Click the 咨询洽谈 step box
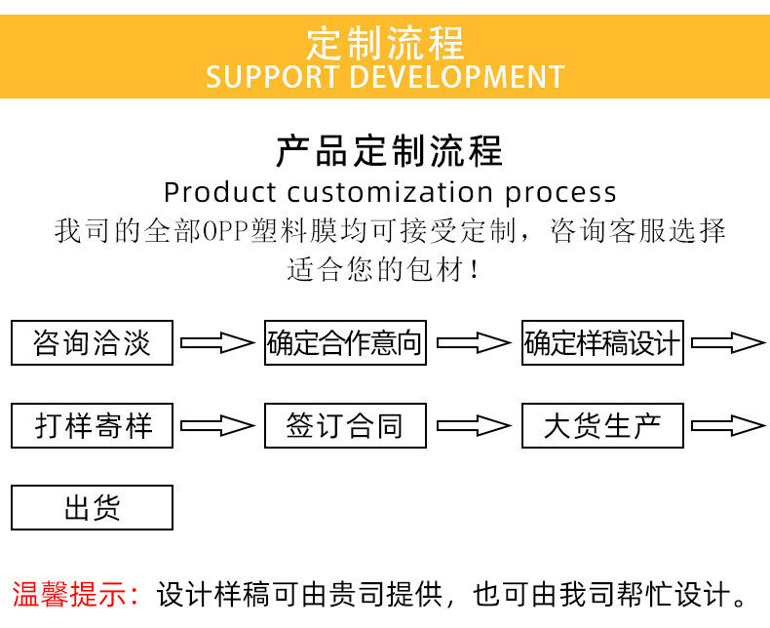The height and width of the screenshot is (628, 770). [x=92, y=342]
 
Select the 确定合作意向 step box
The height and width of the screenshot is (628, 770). [x=345, y=342]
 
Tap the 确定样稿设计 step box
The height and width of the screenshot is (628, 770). [x=602, y=342]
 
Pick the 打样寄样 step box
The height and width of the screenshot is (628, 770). [x=92, y=425]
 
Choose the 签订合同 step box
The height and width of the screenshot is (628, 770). [x=345, y=425]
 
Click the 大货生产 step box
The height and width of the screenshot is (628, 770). [x=602, y=425]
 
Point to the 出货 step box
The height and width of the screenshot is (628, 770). [x=92, y=508]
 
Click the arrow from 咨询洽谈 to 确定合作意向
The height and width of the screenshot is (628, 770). [x=217, y=342]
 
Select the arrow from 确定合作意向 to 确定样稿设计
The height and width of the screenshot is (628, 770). [x=474, y=342]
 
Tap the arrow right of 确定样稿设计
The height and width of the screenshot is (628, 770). [x=728, y=342]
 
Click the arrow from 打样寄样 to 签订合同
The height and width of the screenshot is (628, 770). [x=217, y=425]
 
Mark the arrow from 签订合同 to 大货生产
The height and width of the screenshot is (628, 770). [x=474, y=425]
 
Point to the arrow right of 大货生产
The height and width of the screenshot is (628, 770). [x=728, y=425]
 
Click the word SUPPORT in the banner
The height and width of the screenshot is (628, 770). [x=273, y=77]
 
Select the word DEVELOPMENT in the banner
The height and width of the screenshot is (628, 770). [x=457, y=77]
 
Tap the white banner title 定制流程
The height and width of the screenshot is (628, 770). [x=386, y=43]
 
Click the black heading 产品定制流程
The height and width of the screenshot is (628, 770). [x=390, y=150]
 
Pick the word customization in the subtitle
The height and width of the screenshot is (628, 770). [x=390, y=192]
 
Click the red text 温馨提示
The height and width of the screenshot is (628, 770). [x=70, y=594]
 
